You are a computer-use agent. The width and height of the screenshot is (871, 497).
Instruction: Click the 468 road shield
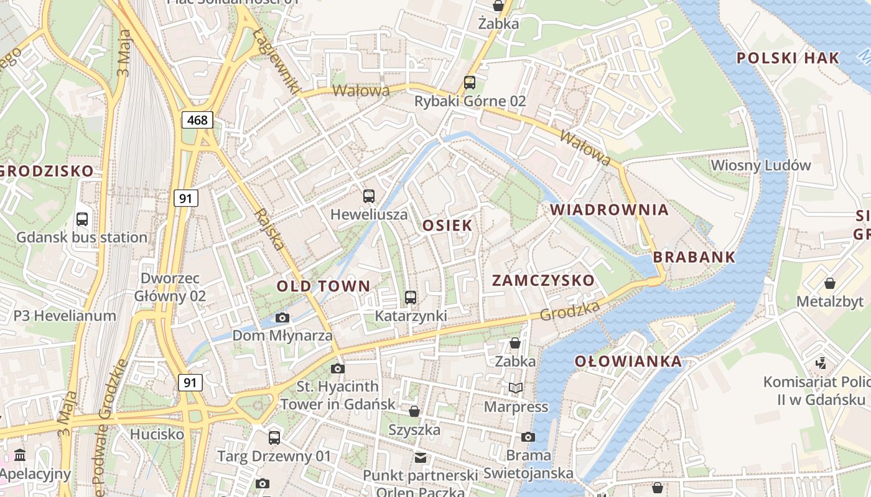pos(197,120)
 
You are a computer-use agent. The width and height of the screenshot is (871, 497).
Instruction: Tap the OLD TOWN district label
pos(323,286)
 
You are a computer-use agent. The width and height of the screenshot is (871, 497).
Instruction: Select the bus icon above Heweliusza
pos(369,196)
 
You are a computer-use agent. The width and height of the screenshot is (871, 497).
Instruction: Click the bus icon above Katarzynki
pos(410,298)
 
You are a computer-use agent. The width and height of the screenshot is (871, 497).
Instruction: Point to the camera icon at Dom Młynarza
pos(282,318)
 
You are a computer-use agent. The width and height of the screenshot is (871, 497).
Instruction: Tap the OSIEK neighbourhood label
pos(447,226)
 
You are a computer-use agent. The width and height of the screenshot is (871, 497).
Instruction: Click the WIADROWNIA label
pos(609,210)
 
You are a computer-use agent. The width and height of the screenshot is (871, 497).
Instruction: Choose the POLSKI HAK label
pos(788,58)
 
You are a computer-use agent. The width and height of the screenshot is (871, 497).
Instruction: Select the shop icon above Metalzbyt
pos(829,284)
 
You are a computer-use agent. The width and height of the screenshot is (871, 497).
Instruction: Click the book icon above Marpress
pos(516,388)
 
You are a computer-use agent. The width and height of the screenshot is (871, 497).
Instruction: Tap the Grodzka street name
pos(570,311)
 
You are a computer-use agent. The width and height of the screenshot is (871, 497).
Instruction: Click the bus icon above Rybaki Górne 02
pos(470,83)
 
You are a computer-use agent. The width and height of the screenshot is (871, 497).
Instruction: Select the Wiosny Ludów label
pos(760,165)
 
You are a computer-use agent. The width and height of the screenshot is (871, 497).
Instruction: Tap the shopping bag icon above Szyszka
pos(414,411)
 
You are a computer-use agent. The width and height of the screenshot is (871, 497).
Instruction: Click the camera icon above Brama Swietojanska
pos(528,437)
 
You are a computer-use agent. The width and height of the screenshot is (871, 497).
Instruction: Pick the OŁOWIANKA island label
pos(627,362)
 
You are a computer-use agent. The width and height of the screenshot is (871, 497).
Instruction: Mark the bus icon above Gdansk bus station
pos(82,219)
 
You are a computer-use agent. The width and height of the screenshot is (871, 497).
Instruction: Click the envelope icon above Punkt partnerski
pos(421,458)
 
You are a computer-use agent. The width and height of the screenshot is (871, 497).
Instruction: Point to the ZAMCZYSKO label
pos(543,281)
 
